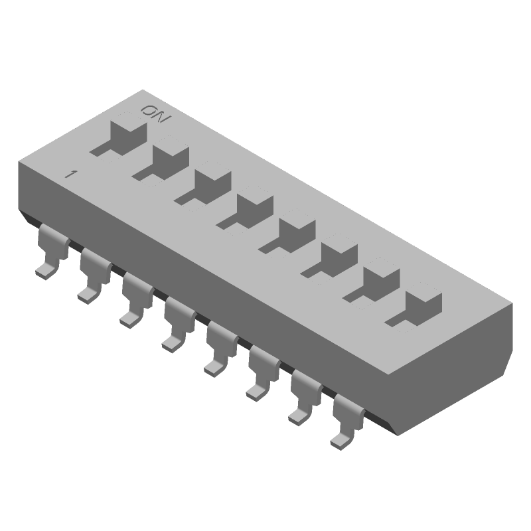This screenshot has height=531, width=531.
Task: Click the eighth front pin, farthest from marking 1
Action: pyautogui.click(x=346, y=425)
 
